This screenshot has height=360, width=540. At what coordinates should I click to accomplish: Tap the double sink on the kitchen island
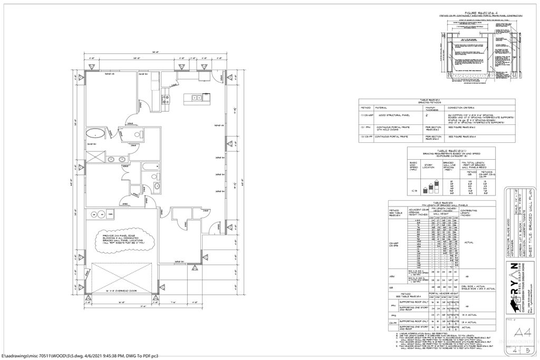pos(196,98)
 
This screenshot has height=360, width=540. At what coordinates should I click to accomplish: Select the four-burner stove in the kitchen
pos(166,98)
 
